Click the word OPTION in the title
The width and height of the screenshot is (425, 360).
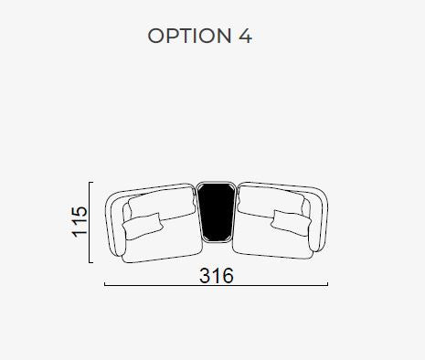189,36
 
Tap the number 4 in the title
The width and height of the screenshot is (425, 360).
245,36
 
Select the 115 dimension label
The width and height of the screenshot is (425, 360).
80,222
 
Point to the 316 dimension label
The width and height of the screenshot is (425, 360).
217,276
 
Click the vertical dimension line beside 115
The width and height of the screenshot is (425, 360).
90,222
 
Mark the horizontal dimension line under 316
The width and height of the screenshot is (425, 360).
216,285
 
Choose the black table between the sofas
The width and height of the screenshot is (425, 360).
217,212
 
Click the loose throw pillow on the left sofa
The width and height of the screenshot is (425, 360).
143,226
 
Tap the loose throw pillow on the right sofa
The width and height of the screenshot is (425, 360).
292,223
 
